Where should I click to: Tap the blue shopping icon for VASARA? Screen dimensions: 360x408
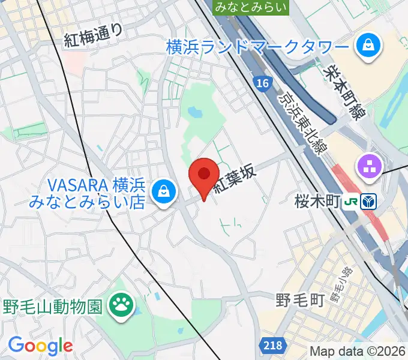click(x=162, y=192)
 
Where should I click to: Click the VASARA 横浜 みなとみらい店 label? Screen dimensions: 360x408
click(x=87, y=193)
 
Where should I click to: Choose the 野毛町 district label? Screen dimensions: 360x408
click(x=301, y=299)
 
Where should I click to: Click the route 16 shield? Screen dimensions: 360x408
click(x=262, y=83)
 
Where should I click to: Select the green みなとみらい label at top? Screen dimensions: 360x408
click(x=251, y=7)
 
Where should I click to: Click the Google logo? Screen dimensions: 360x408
click(x=40, y=346)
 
